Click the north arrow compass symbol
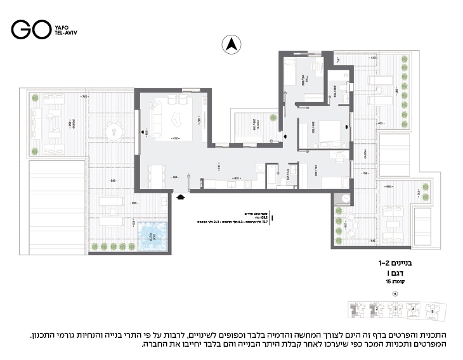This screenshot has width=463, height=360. [x=231, y=44]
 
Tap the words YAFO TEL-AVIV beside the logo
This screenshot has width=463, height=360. [x=66, y=30]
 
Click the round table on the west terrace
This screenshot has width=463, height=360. [x=114, y=133]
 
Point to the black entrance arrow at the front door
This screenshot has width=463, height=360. [x=181, y=197]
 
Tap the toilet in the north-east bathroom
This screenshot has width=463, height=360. [x=342, y=86]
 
